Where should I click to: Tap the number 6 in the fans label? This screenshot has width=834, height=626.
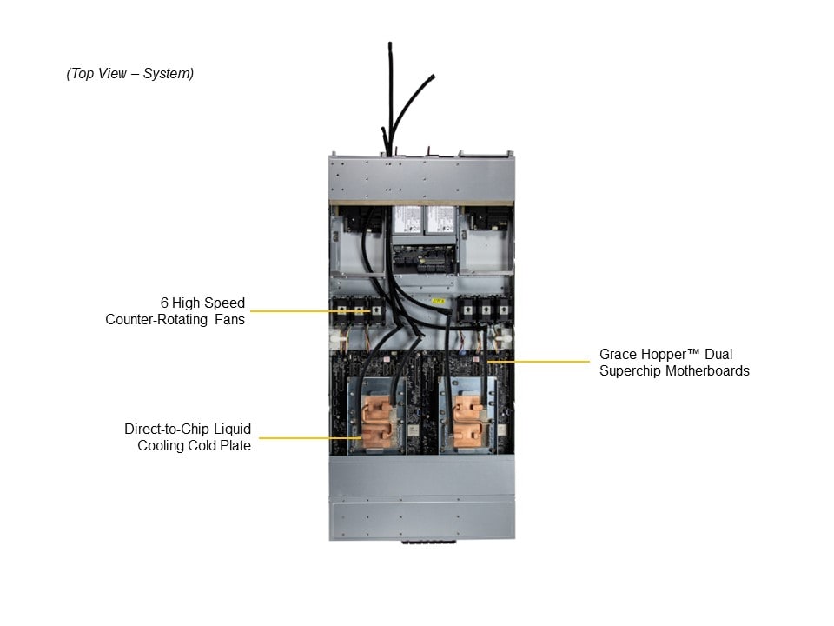click(164, 303)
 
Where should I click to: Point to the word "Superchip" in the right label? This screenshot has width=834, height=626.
click(631, 371)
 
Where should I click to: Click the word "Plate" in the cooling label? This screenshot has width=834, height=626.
click(234, 446)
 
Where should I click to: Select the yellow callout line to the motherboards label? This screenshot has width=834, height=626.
click(539, 361)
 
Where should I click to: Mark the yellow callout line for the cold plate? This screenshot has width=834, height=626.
click(308, 438)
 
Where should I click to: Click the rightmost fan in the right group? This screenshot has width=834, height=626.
click(499, 310)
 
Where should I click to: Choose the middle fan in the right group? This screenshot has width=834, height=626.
click(484, 310)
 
